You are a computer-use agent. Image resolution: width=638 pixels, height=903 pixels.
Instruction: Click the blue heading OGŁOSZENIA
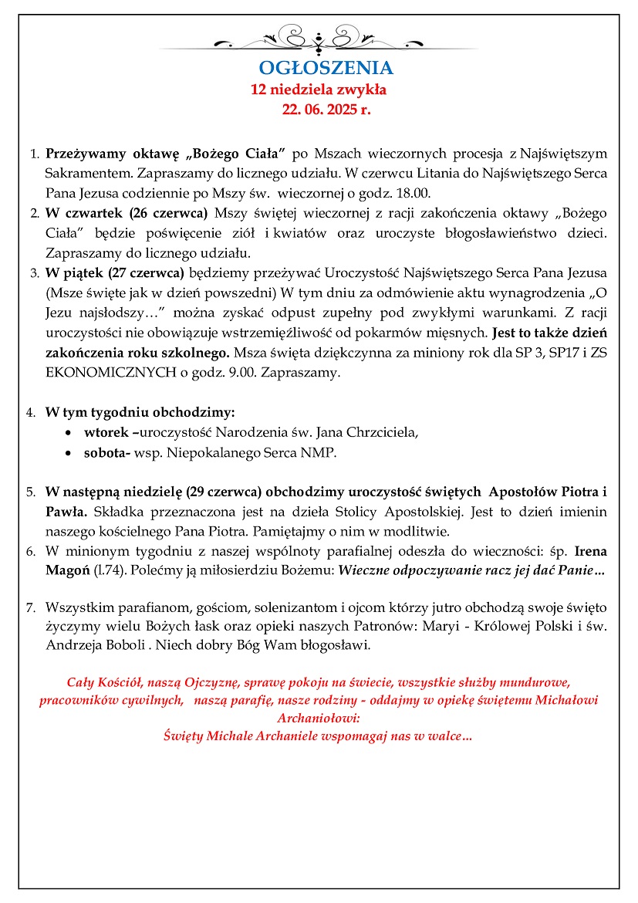pos(326,68)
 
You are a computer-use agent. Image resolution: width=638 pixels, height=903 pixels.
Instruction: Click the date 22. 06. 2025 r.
pos(326,110)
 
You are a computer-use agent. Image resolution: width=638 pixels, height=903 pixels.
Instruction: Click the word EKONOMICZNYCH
pos(95,373)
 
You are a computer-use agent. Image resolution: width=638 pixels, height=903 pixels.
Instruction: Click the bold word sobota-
pos(106,453)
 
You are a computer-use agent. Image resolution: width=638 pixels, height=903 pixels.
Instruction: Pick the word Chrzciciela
pos(380,432)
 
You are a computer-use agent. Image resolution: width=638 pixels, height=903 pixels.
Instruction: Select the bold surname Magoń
pos(66,571)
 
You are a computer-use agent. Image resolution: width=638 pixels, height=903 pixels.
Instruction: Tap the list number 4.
pos(32,412)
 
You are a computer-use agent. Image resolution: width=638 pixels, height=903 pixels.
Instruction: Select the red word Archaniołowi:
pos(319,718)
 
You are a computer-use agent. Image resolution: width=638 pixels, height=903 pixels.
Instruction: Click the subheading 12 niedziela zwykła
pos(319,90)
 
